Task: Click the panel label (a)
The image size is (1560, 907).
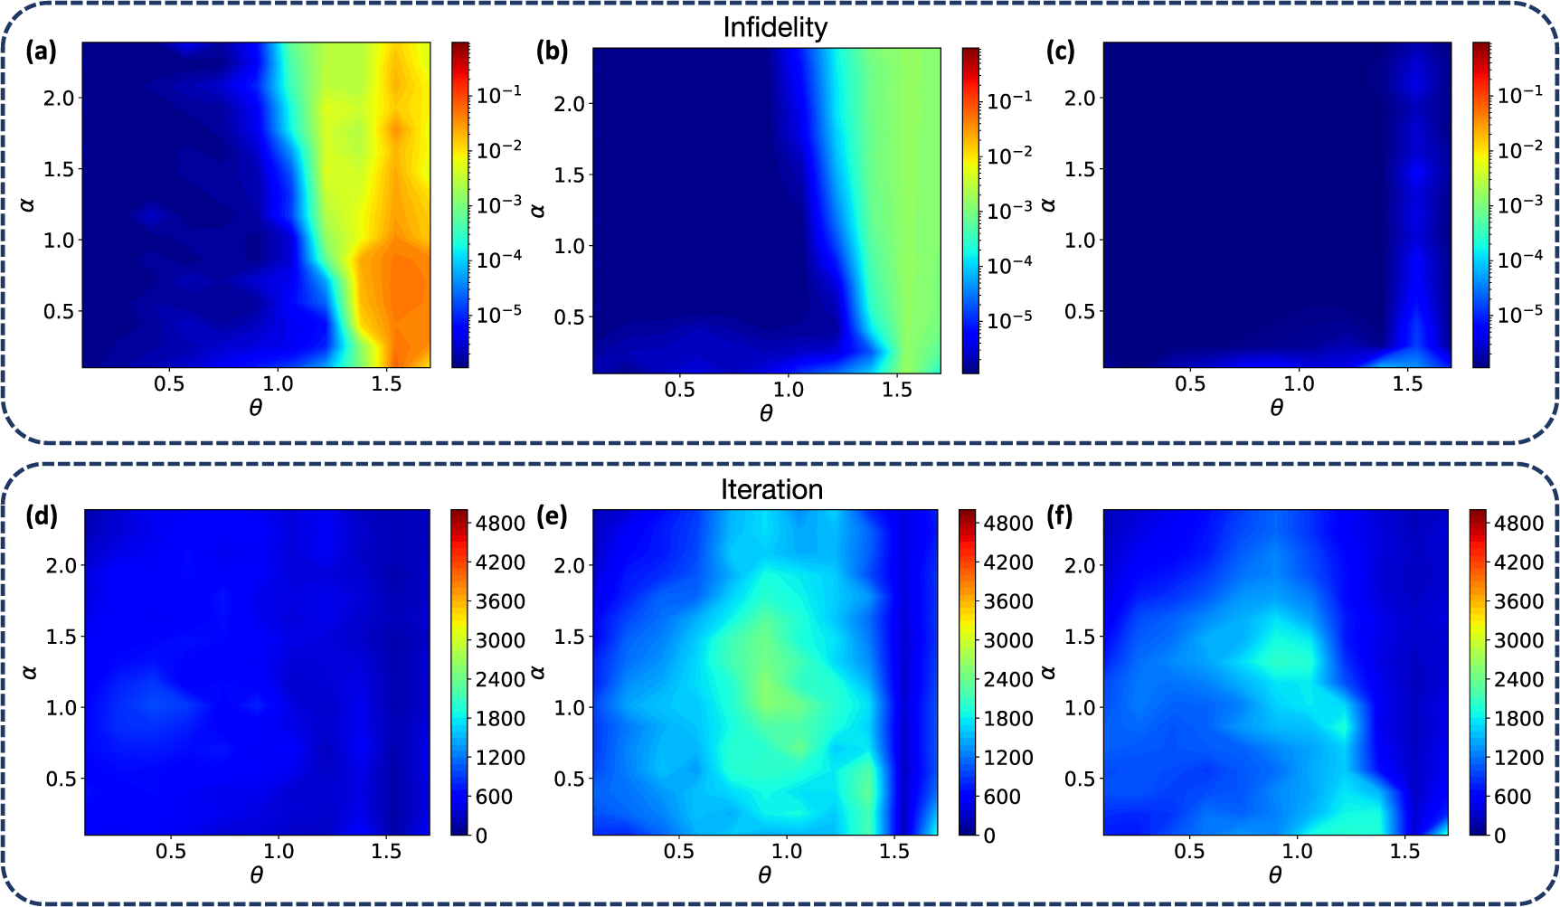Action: [42, 52]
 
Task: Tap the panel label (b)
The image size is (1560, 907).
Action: [552, 52]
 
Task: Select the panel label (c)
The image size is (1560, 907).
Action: [1062, 52]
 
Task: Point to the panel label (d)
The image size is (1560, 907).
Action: [42, 516]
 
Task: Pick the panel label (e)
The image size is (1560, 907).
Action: [552, 516]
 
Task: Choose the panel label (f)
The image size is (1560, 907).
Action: [1060, 516]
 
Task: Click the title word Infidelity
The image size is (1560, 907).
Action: [775, 28]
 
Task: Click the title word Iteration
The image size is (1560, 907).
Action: [771, 490]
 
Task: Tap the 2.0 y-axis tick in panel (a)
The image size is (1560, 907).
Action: [59, 98]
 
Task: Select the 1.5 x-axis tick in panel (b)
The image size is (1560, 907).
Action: [897, 390]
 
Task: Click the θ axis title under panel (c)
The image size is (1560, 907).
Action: [1276, 409]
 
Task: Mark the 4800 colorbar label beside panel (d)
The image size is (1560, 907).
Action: [501, 524]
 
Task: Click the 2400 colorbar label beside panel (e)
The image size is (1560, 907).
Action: [1008, 679]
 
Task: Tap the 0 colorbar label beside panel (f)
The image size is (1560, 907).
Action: [1500, 836]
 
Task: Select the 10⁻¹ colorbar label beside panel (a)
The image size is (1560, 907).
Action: [498, 94]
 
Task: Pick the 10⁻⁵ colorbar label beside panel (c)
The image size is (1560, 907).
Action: [1520, 315]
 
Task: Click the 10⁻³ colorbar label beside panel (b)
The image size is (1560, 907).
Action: [1009, 211]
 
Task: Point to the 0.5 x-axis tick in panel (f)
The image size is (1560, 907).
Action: [1189, 851]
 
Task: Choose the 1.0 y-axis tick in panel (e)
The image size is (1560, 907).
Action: [569, 707]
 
